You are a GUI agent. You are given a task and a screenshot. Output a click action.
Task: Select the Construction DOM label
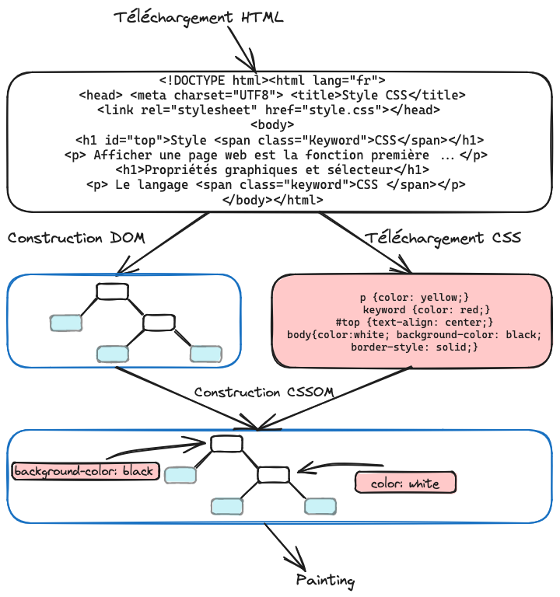[76, 238]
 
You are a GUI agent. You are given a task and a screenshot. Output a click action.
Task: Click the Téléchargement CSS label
[443, 237]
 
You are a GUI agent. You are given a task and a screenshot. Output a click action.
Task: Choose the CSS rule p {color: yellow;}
[415, 297]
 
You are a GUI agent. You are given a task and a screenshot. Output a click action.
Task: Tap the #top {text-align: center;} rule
[415, 322]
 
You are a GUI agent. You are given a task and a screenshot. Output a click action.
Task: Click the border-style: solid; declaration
[415, 347]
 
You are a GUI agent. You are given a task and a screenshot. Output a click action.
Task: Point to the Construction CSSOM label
[264, 393]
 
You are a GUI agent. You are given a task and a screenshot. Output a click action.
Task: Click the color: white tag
[405, 484]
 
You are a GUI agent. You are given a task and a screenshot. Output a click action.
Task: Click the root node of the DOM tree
[112, 292]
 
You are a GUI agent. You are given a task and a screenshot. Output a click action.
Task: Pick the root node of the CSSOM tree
[226, 444]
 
